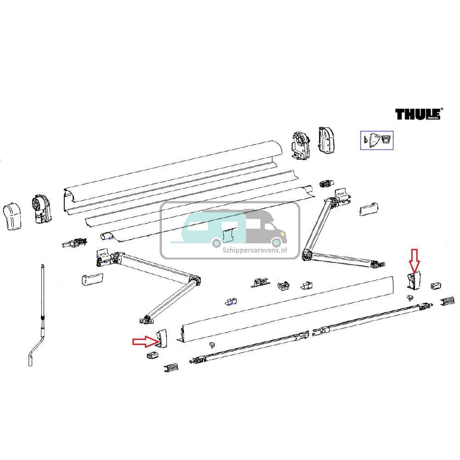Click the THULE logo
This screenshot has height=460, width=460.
[x=418, y=114]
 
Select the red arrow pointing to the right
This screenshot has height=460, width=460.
[x=144, y=341]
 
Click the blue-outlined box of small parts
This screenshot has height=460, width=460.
[x=376, y=140]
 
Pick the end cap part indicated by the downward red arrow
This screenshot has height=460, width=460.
[x=414, y=281]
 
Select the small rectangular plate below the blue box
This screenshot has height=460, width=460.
[x=369, y=210]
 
